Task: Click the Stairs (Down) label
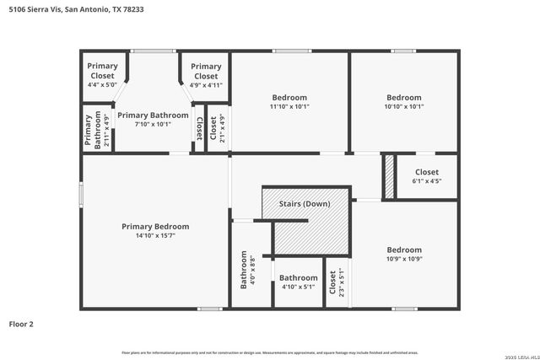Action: [304, 204]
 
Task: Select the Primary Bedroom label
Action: [155, 226]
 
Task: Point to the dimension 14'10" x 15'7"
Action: [155, 236]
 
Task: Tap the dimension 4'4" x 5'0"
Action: [102, 84]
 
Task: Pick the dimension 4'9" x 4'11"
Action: [206, 84]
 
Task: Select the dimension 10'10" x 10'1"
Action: [404, 106]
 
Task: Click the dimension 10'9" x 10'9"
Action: [404, 260]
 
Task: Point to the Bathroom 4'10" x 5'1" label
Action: [299, 282]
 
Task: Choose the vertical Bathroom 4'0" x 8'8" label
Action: [248, 270]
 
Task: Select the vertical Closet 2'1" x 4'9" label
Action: [217, 127]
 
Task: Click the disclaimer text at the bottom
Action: [270, 352]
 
